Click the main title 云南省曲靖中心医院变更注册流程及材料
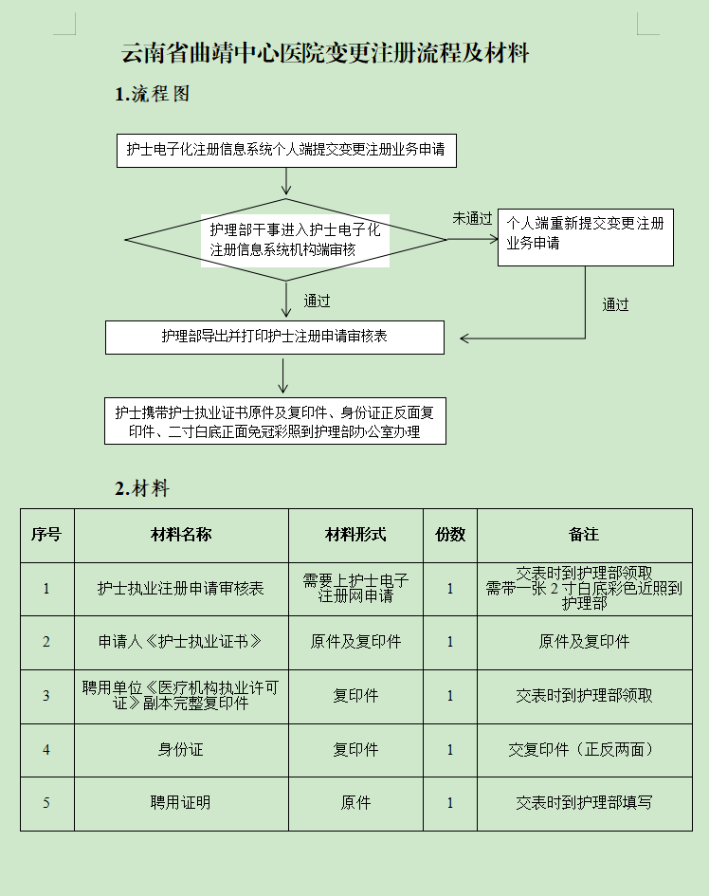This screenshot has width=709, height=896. [x=324, y=53]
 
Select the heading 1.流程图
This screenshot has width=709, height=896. [x=153, y=94]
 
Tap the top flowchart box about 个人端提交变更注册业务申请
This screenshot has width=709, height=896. [x=286, y=150]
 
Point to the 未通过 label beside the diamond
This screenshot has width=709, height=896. [x=471, y=219]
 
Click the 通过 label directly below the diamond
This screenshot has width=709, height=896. [x=317, y=302]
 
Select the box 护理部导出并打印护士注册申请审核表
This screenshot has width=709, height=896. [x=274, y=338]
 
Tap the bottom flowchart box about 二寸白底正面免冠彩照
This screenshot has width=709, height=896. [x=274, y=422]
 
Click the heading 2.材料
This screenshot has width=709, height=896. [x=142, y=489]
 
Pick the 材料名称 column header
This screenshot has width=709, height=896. [x=181, y=535]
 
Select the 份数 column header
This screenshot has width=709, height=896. [x=450, y=535]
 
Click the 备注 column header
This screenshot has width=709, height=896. [x=584, y=535]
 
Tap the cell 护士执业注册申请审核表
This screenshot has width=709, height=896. [x=181, y=589]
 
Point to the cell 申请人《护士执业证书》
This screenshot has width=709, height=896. [x=181, y=642]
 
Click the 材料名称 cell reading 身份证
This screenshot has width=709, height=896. [x=181, y=749]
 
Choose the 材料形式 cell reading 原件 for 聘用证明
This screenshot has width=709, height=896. [x=355, y=803]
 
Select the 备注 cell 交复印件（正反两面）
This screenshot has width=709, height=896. [x=584, y=749]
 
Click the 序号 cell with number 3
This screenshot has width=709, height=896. [x=46, y=696]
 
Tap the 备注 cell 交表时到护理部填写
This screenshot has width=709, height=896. [x=584, y=803]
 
